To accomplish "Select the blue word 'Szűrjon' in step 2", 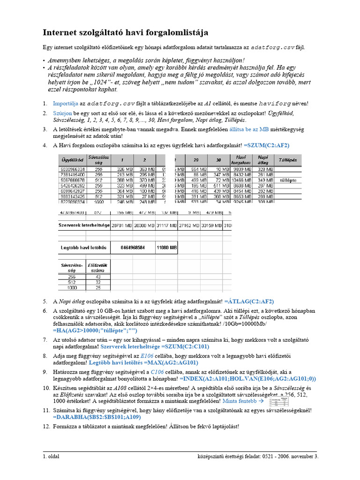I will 62,113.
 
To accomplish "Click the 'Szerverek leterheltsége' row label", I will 83,225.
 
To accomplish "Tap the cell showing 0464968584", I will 133,247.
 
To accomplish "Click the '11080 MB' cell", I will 166,247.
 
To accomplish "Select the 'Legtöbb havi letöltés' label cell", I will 84,247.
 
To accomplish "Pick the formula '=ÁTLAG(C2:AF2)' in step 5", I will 249,301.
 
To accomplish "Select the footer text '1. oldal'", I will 51,456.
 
